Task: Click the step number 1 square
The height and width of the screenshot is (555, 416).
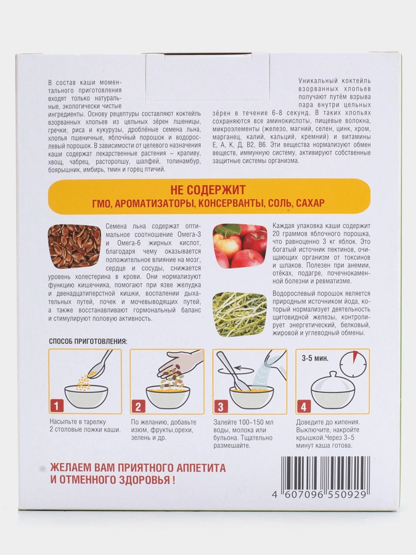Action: click(x=57, y=406)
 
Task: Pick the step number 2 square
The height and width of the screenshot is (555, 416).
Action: click(x=138, y=406)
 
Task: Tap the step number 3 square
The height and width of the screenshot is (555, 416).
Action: click(x=220, y=406)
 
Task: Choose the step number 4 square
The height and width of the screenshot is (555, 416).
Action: click(x=303, y=406)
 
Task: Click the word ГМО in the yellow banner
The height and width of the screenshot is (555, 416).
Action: click(x=105, y=202)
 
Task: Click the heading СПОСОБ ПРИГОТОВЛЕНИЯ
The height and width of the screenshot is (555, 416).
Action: click(x=88, y=341)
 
